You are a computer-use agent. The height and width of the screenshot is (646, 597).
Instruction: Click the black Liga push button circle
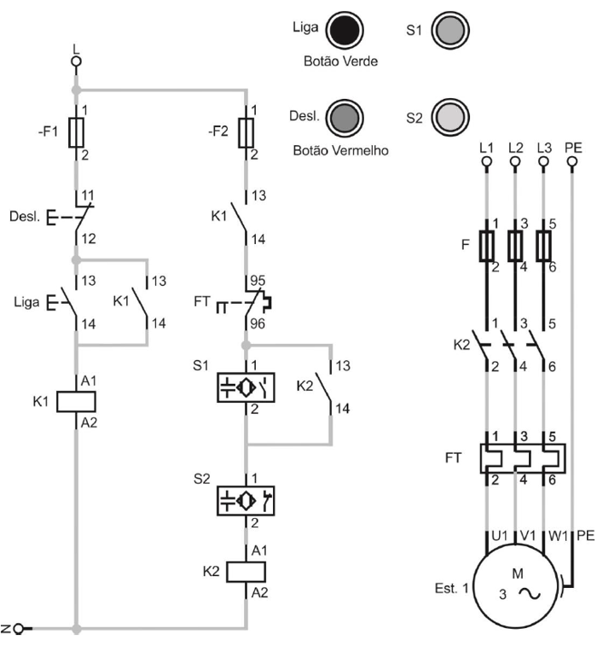345,32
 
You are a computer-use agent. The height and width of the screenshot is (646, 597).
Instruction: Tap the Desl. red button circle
345,118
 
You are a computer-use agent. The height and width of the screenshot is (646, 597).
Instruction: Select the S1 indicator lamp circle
447,31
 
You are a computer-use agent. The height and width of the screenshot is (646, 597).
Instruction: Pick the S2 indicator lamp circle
447,117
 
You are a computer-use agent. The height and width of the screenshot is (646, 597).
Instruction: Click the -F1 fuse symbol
77,132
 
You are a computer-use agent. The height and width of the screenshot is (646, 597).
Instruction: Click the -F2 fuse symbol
246,132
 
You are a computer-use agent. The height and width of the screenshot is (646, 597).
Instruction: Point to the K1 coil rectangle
76,401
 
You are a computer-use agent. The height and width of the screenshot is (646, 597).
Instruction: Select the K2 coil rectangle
246,571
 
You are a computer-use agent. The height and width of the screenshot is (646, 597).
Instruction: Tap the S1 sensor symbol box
246,386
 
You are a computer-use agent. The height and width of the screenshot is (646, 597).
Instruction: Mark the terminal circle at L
76,61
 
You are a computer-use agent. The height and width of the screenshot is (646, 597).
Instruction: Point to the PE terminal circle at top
571,168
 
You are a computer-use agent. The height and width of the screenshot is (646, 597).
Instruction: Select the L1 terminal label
486,147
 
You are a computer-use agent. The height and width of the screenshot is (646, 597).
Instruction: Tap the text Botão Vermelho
341,150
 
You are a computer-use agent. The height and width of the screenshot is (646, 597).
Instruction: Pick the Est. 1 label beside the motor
449,588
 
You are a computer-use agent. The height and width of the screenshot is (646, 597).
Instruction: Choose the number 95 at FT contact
257,281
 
